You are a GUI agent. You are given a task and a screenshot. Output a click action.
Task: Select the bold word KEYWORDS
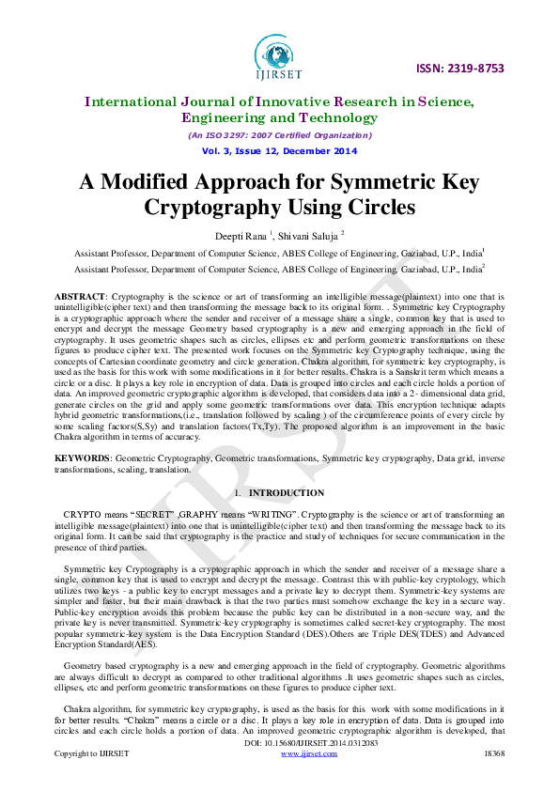(82, 458)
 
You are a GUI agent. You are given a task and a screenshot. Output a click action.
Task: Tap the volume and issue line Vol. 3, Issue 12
(279, 151)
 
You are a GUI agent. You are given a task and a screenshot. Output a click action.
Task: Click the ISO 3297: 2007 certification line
(279, 135)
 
